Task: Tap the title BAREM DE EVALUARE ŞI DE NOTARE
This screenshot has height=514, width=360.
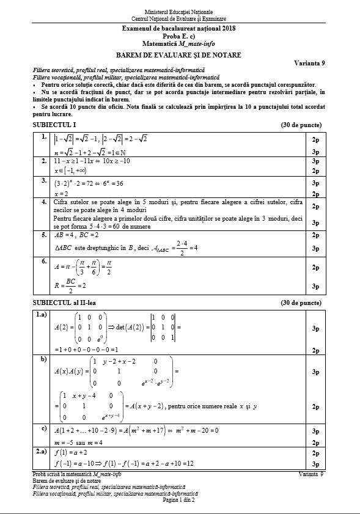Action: [180, 55]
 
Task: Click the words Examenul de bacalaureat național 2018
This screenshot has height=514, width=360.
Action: [180, 29]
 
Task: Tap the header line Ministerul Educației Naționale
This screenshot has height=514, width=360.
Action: [180, 12]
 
